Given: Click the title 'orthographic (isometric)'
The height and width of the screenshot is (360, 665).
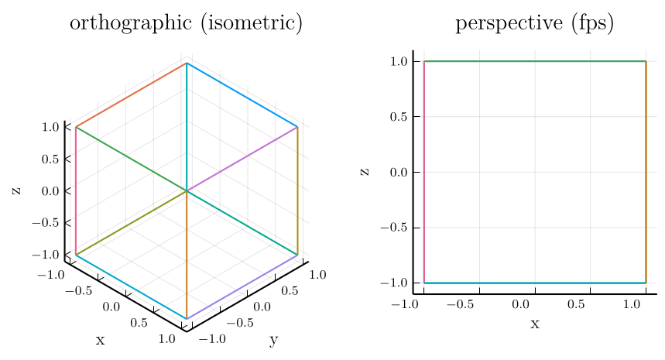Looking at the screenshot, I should click(186, 24).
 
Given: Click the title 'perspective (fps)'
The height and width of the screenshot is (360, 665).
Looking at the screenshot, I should click(534, 24).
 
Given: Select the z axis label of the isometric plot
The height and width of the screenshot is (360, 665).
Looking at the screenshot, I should click(16, 190).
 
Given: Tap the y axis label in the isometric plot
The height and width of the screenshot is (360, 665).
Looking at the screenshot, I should click(273, 340).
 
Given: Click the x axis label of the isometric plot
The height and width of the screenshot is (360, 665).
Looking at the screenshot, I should click(100, 340).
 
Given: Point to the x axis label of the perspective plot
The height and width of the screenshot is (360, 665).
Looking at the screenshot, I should click(534, 324).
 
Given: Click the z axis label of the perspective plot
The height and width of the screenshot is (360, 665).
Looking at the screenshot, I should click(365, 172).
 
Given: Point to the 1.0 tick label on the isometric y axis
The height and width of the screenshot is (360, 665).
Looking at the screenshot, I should click(317, 275).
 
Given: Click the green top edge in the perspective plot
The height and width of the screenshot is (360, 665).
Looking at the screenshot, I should click(534, 61).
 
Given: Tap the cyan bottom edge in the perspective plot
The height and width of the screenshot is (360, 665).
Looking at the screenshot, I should click(534, 283).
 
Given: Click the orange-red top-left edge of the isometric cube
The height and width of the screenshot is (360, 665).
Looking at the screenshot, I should click(131, 94).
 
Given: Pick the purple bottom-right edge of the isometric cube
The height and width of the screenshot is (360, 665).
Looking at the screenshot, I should click(242, 286).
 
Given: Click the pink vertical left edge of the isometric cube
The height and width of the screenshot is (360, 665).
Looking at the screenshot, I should click(76, 190).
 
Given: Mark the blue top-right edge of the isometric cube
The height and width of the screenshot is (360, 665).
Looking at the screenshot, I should click(242, 94).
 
